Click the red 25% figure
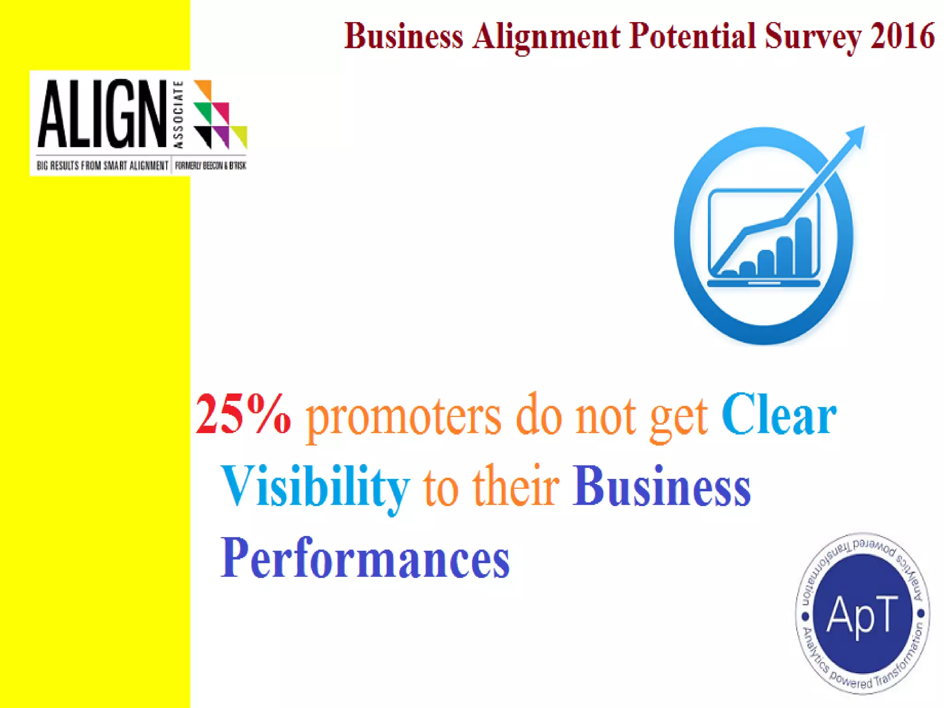pyautogui.click(x=243, y=415)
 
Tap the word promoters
pyautogui.click(x=404, y=417)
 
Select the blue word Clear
pyautogui.click(x=779, y=415)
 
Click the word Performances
pyautogui.click(x=365, y=559)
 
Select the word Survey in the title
pyautogui.click(x=813, y=37)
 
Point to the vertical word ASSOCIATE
pyautogui.click(x=179, y=114)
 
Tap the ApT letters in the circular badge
pyautogui.click(x=862, y=614)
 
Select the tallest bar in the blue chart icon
pyautogui.click(x=803, y=245)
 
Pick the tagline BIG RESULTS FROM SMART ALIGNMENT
pyautogui.click(x=102, y=165)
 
